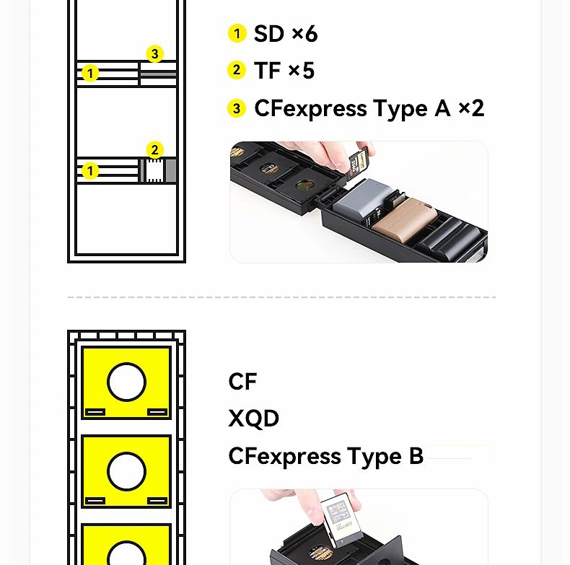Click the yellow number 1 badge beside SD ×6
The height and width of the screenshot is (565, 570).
point(237,33)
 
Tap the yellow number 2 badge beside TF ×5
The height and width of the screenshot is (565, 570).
point(237,70)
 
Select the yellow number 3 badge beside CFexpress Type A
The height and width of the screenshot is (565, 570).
point(237,108)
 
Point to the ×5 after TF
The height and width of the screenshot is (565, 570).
point(302,70)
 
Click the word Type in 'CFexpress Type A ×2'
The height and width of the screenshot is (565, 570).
point(400,109)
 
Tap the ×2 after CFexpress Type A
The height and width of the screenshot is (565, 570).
point(471,108)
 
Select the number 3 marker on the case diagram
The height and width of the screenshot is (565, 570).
point(155,54)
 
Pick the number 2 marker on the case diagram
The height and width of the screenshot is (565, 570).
point(155,150)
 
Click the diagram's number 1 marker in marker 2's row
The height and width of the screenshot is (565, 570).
point(90,171)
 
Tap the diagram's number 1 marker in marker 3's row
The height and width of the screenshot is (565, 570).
point(90,74)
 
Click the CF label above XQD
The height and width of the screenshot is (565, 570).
point(243,382)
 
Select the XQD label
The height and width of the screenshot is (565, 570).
point(254,418)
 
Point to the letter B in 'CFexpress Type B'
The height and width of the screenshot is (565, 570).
point(416,455)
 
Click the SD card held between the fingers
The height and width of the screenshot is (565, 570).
point(359,165)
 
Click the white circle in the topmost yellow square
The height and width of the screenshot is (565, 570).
point(126,382)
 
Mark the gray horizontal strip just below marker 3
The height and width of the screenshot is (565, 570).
point(159,74)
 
